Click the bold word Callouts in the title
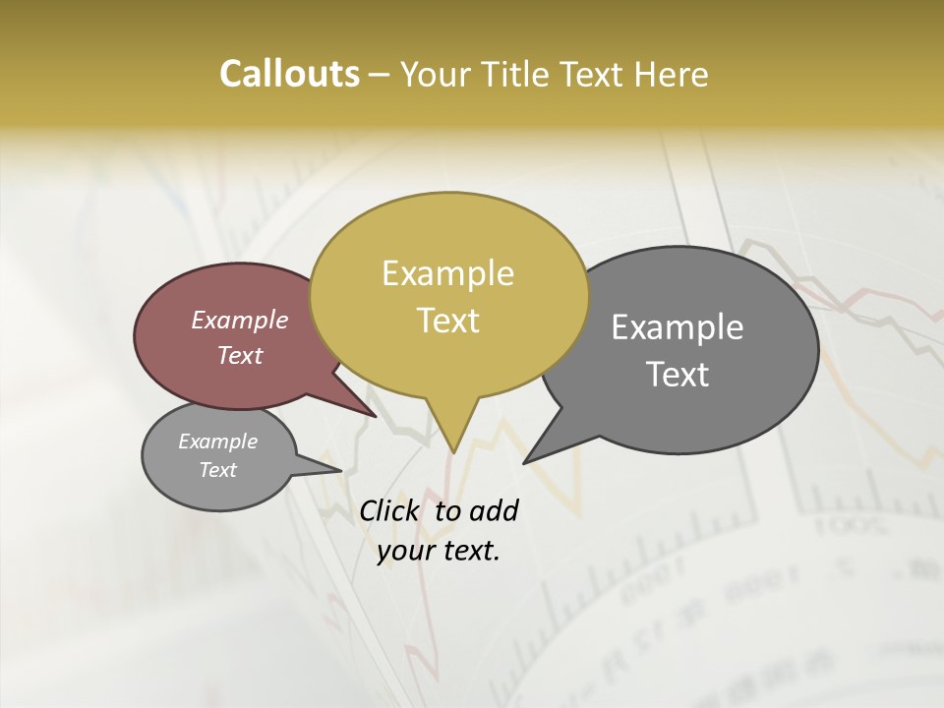point(289,74)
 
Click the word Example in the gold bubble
point(447,273)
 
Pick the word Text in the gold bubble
point(447,321)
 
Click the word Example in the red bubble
point(239,320)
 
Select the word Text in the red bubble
point(239,355)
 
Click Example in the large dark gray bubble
point(677,327)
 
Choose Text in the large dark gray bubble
point(677,375)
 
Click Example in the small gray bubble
point(217,442)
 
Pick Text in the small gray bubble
point(217,470)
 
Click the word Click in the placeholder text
point(390,510)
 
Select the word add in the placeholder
point(493,510)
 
